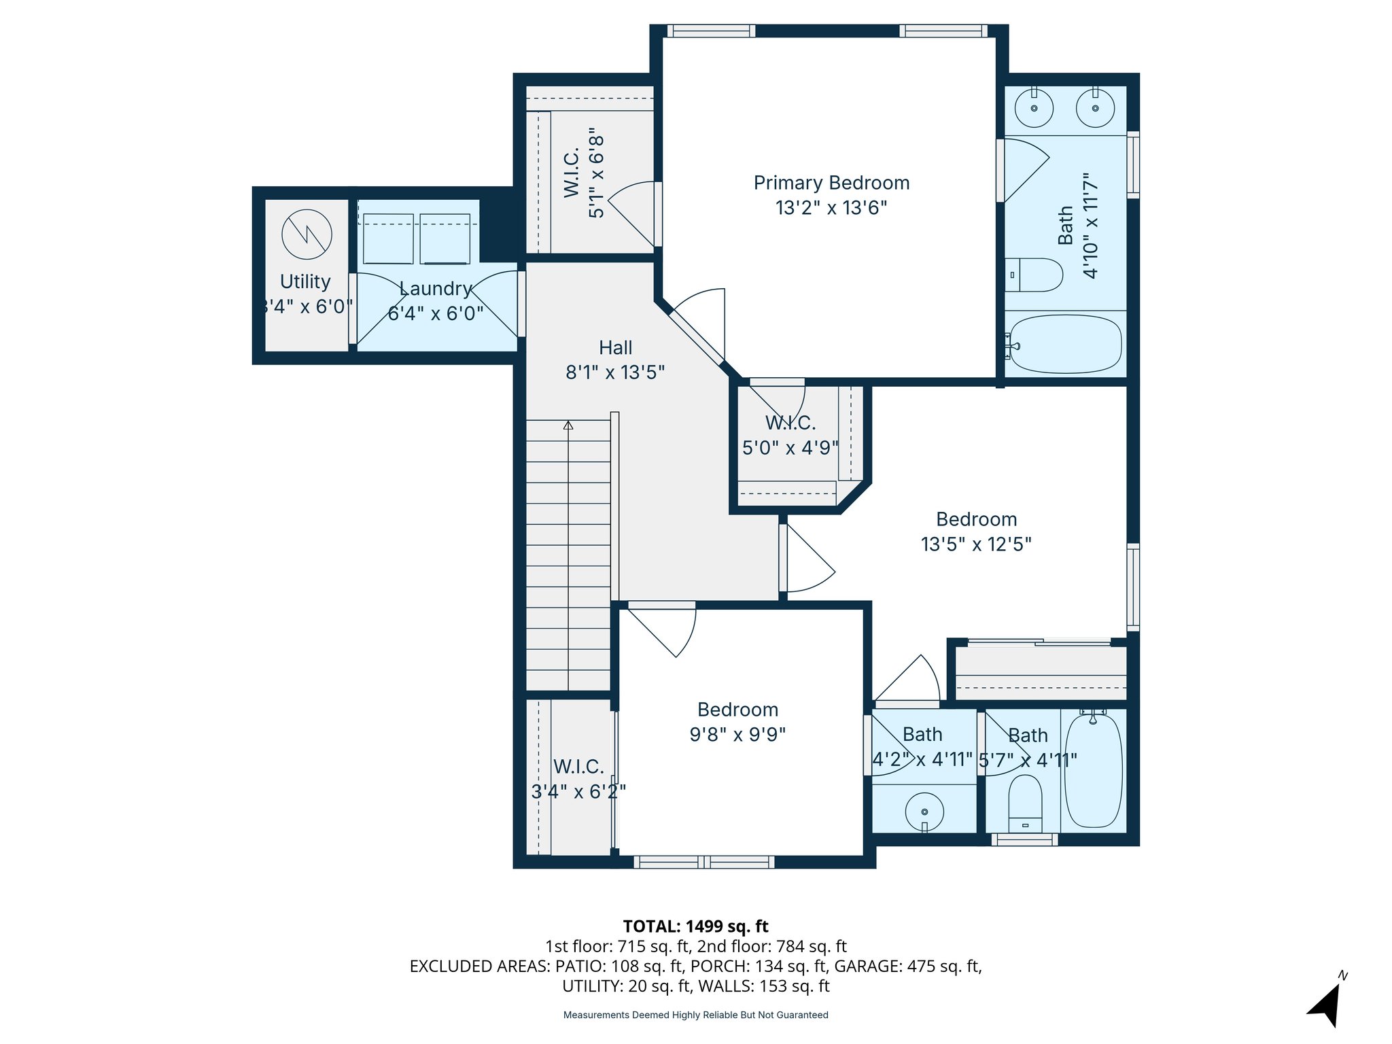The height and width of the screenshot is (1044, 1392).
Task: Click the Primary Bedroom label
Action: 831,183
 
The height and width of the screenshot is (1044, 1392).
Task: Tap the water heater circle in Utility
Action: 307,234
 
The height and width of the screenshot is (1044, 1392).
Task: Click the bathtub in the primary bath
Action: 1065,344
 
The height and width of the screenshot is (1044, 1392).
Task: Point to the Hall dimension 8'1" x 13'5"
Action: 615,372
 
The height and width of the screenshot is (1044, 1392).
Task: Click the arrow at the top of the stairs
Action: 568,425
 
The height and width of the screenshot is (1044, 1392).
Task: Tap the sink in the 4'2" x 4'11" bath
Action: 924,812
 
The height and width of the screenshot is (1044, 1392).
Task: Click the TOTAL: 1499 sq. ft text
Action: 695,926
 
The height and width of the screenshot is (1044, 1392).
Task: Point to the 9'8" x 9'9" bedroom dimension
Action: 737,735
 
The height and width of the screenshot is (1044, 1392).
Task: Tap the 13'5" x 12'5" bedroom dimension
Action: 976,544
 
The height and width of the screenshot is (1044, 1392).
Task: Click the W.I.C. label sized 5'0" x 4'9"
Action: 790,423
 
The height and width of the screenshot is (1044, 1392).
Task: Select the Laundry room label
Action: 435,289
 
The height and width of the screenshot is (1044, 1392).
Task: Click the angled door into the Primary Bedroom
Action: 697,337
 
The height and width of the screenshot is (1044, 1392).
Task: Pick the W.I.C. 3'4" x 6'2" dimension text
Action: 578,792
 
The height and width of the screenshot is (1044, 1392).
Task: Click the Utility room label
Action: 305,281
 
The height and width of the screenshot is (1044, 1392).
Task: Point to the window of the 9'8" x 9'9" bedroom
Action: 703,862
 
